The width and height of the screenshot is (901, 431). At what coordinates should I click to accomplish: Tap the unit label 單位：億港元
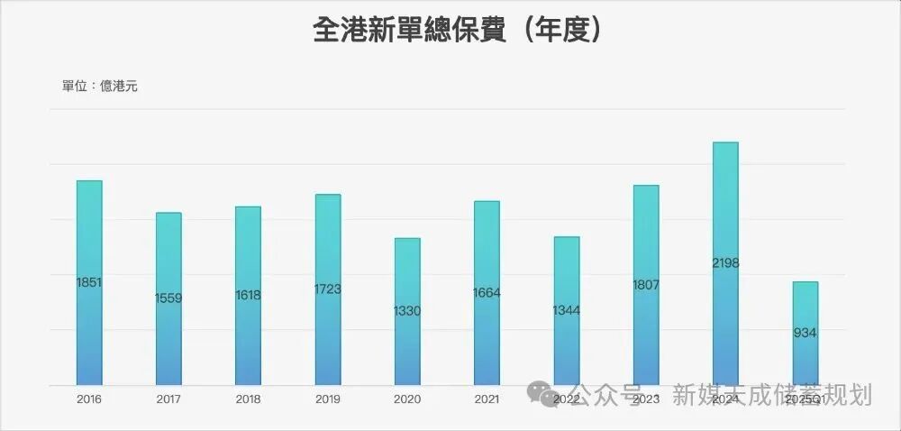pyautogui.click(x=99, y=87)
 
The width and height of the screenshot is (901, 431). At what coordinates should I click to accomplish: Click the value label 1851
pyautogui.click(x=89, y=282)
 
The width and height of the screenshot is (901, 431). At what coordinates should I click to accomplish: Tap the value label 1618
pyautogui.click(x=248, y=295)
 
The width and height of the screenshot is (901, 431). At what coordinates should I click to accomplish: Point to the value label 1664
pyautogui.click(x=487, y=292)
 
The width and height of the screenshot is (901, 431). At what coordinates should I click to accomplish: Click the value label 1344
pyautogui.click(x=566, y=310)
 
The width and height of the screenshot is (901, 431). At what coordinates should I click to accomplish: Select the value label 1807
pyautogui.click(x=646, y=285)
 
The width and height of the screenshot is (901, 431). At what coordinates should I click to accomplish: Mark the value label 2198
pyautogui.click(x=725, y=263)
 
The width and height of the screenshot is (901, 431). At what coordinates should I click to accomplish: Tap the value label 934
pyautogui.click(x=805, y=333)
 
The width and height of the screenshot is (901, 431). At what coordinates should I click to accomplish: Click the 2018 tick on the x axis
pyautogui.click(x=248, y=399)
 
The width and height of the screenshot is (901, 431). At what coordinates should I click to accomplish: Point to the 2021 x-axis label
pyautogui.click(x=487, y=399)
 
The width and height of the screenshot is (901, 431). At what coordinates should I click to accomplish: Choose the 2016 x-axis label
pyautogui.click(x=89, y=399)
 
